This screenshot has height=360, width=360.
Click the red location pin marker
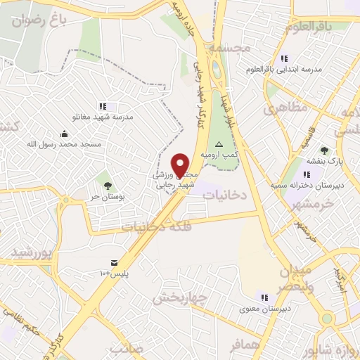click(181, 165)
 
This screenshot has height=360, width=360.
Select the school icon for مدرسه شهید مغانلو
click(103, 106)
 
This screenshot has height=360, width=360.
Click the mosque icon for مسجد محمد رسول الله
click(65, 134)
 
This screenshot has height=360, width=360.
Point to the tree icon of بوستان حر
click(108, 186)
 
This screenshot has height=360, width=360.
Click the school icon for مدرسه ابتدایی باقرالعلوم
click(284, 59)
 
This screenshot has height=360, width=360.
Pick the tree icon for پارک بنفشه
click(324, 150)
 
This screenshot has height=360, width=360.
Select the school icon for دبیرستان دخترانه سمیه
click(306, 174)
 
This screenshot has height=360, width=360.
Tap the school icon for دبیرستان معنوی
click(265, 297)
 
